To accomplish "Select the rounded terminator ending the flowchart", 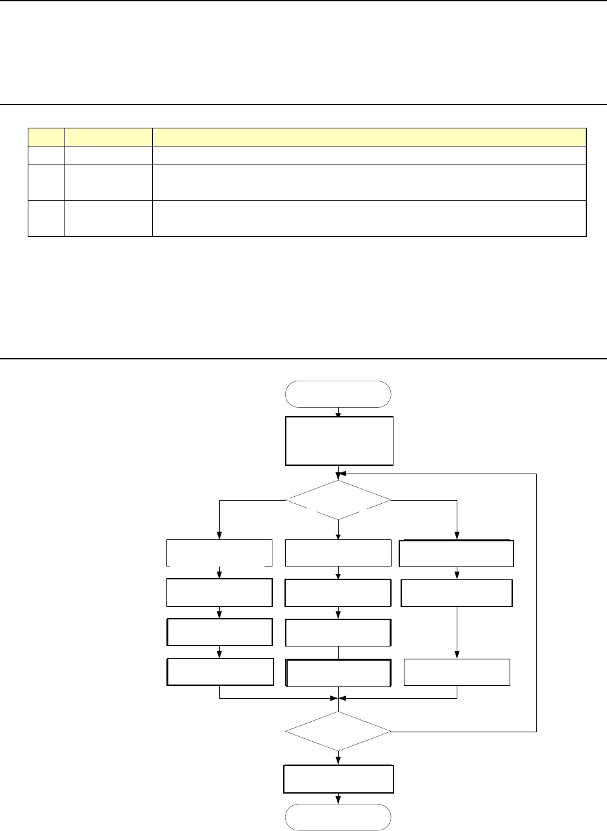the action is pos(338,817).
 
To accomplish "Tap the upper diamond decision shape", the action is pos(338,500).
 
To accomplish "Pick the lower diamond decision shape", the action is pos(338,732).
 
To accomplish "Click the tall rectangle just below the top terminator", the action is pos(339,441).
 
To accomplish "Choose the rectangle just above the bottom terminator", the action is pos(338,779).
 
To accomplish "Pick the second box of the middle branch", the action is pos(338,593).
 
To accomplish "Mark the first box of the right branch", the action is pos(457,553).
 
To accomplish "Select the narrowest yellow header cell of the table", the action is pos(46,137).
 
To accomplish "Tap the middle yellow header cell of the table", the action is pos(108,137).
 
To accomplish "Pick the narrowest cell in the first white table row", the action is pos(46,155).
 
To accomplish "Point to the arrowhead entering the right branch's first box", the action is pos(457,536).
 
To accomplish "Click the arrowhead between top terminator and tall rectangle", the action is pos(338,413).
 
